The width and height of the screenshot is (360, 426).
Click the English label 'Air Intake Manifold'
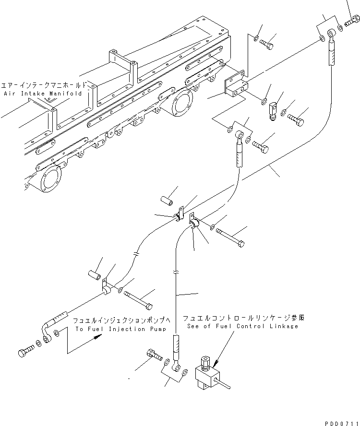(43, 94)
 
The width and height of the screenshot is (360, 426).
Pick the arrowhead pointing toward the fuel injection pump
(98, 338)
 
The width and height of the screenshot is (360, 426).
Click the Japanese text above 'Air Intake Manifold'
(43, 83)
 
